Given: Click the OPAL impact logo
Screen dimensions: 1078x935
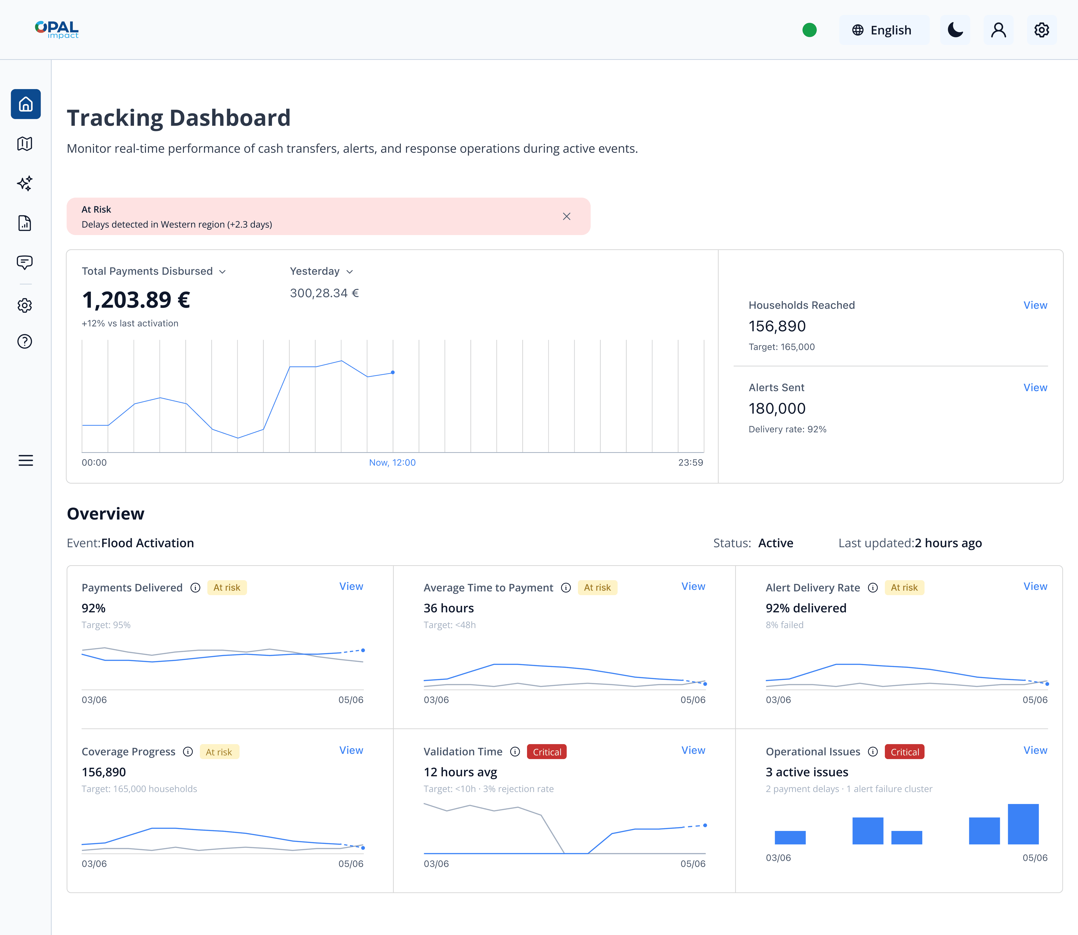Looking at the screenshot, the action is (56, 30).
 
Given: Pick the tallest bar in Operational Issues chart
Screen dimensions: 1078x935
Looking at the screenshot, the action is (1023, 824).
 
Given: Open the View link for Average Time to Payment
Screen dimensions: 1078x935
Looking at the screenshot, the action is (693, 586).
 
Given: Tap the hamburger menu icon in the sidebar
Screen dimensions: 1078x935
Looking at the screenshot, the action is (25, 460).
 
